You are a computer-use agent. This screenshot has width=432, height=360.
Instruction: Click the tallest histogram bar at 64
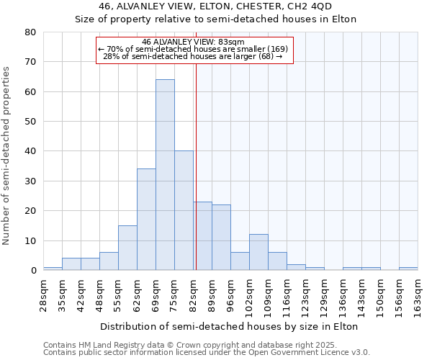165,175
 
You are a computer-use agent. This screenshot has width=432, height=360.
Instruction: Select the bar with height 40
184,210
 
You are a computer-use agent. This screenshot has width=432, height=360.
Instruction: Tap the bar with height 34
146,220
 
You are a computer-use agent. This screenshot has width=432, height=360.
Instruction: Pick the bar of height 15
127,248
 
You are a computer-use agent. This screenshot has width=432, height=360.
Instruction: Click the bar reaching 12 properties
258,252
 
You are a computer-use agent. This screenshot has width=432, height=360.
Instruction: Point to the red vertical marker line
196,166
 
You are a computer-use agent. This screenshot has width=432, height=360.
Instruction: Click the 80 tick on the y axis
30,32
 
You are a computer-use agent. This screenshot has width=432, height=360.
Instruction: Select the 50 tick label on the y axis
30,122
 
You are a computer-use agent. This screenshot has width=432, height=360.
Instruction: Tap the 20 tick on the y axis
30,211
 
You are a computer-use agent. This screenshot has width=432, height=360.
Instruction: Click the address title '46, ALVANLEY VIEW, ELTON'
215,6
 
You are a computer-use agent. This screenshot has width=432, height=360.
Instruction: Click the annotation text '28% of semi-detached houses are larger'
193,56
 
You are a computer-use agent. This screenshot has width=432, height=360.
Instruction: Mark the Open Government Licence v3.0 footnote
207,353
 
